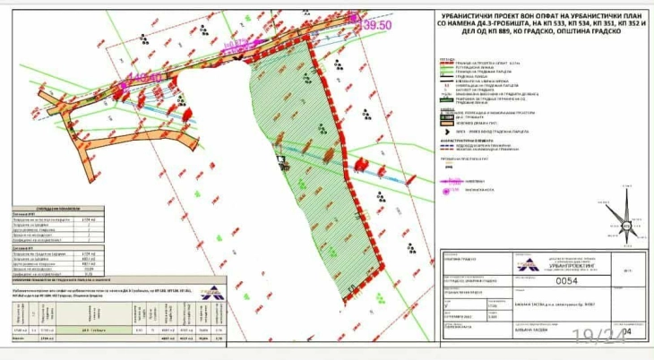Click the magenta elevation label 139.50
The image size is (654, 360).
click(377, 26)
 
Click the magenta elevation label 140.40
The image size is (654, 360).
click(152, 78)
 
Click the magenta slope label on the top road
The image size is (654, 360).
click(235, 42)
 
